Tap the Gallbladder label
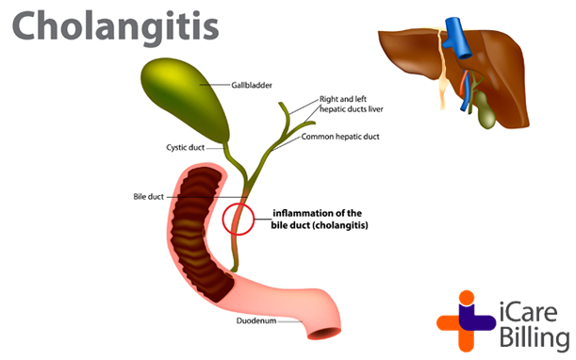click(252, 85)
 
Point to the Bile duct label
click(149, 197)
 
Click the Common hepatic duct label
click(339, 137)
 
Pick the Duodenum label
click(256, 320)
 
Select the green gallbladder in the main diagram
click(188, 98)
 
